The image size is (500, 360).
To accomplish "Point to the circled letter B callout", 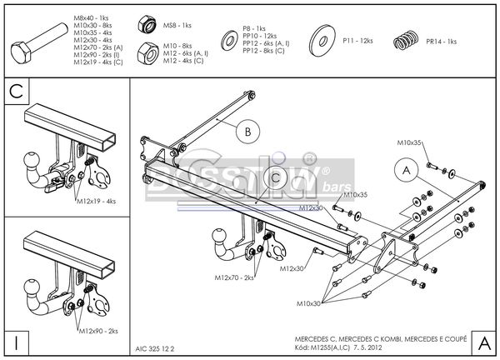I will click(247, 130).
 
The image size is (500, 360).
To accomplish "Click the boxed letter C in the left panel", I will click(15, 90).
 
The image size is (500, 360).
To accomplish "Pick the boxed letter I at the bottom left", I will click(15, 342).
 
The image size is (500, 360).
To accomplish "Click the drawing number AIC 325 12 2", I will click(155, 347).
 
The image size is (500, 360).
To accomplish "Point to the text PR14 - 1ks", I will click(441, 41).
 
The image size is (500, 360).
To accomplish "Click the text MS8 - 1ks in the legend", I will click(177, 26).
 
